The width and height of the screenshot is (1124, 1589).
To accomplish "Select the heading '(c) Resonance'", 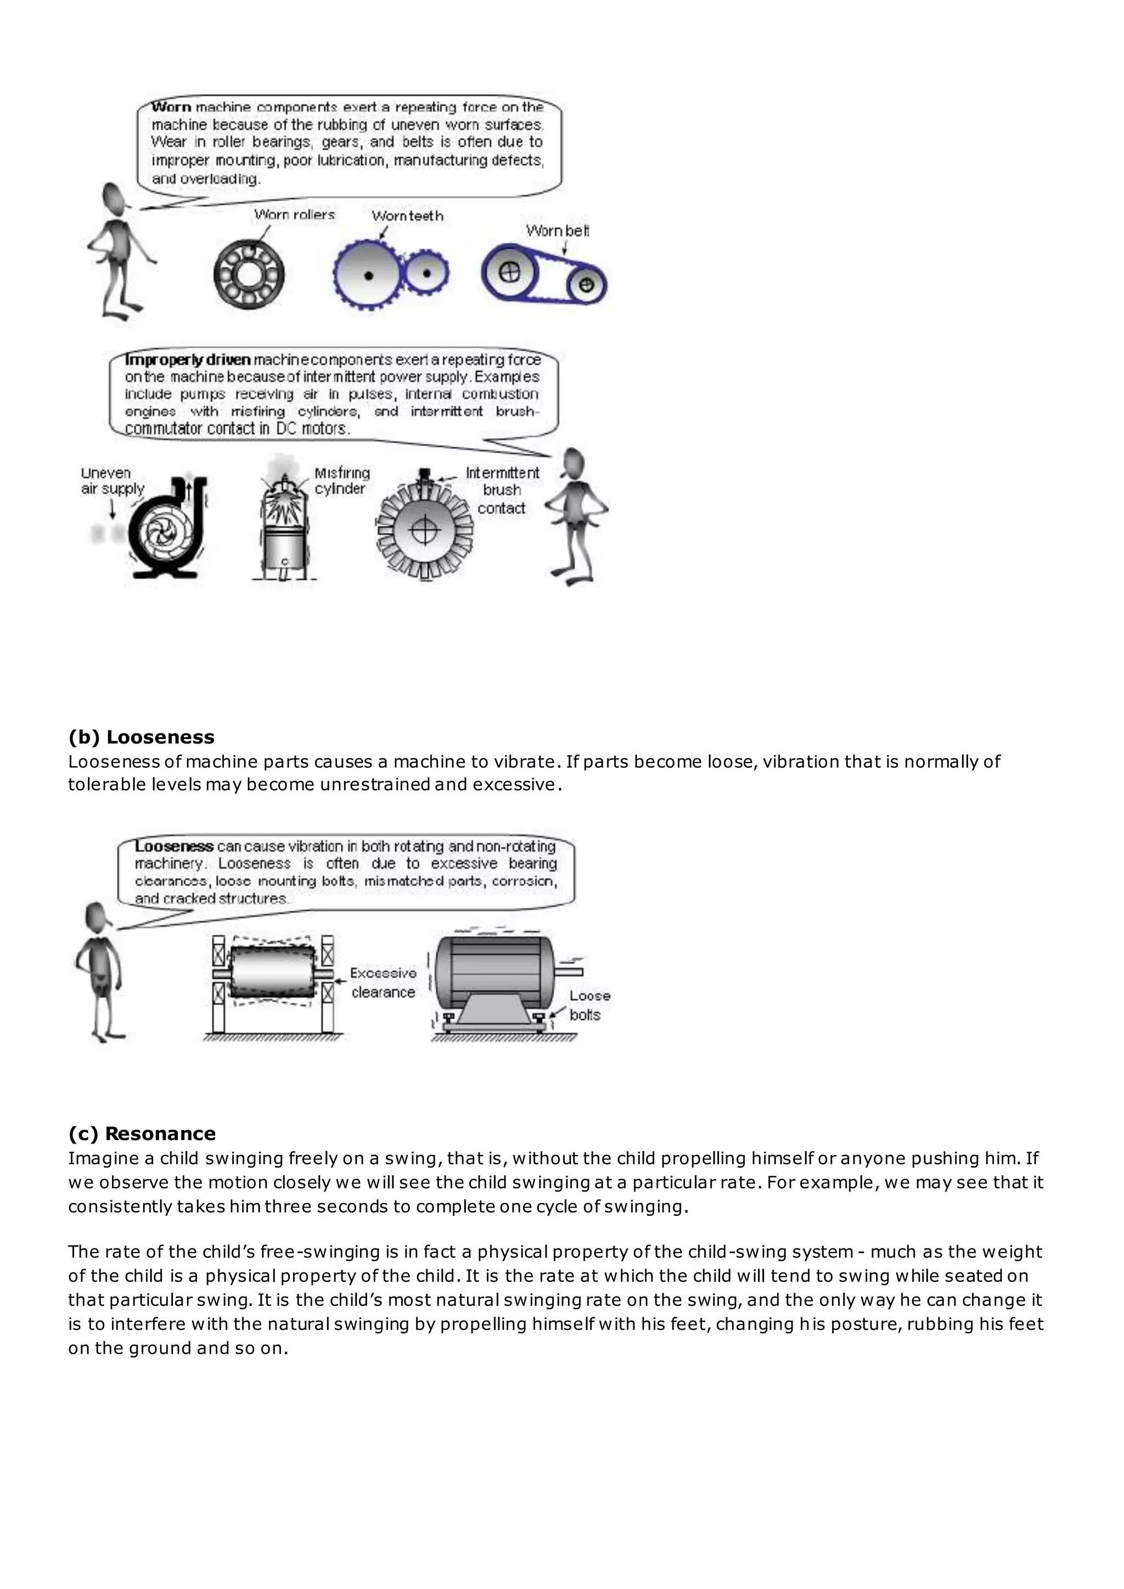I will coord(142,1134).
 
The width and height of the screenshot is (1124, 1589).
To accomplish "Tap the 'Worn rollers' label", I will coord(294,215).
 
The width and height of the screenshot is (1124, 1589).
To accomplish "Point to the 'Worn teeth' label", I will coord(407,216).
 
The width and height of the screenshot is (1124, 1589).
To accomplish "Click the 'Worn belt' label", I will coord(557,230).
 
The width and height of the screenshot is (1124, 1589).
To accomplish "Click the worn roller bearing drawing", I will coord(249,275).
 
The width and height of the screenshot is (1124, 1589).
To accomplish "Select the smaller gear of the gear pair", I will coord(426,274).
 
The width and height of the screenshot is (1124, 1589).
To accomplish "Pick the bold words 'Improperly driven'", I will coord(188,360).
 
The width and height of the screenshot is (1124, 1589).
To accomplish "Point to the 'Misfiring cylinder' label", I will coord(342,480).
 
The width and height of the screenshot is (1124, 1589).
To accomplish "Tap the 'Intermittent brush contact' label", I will coord(502,490).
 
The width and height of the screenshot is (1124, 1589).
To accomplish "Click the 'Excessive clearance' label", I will coord(383,982).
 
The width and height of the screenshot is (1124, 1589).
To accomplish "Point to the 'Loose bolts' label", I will coord(589,1005).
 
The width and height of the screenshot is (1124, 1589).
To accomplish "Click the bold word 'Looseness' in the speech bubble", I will coord(174,846).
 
